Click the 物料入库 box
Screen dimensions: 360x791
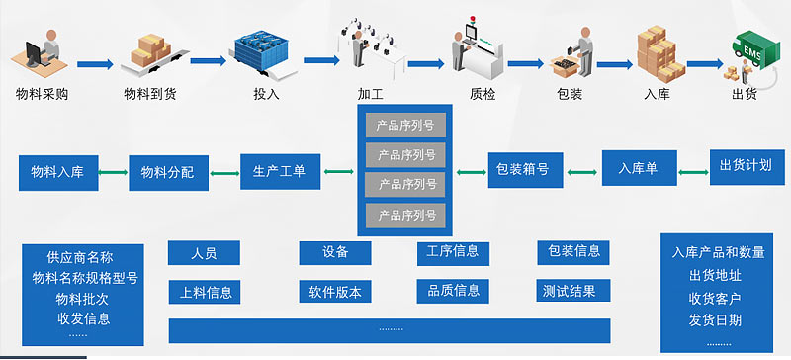click(x=56, y=172)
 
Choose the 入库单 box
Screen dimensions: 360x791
click(x=638, y=168)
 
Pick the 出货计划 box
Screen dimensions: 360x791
click(x=746, y=165)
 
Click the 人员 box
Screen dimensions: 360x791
click(x=205, y=253)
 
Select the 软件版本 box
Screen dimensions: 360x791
click(x=335, y=292)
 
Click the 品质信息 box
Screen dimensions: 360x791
click(x=453, y=291)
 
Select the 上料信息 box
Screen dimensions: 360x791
click(x=205, y=292)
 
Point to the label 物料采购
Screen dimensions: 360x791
click(x=43, y=95)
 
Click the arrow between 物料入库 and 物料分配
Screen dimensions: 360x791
click(x=112, y=173)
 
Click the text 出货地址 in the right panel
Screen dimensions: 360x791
click(x=714, y=274)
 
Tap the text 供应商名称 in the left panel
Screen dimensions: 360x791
click(x=79, y=256)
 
